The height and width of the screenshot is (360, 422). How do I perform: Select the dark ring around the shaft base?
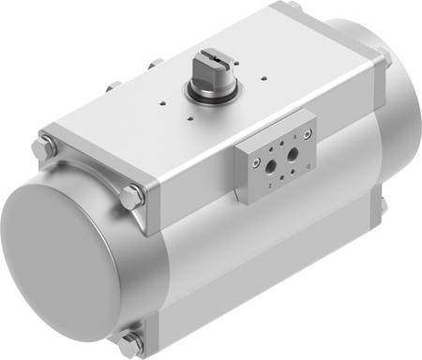click(207, 93)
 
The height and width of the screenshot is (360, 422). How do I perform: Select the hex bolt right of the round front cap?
click(132, 197)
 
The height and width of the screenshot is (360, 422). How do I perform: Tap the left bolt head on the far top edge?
click(113, 87)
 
